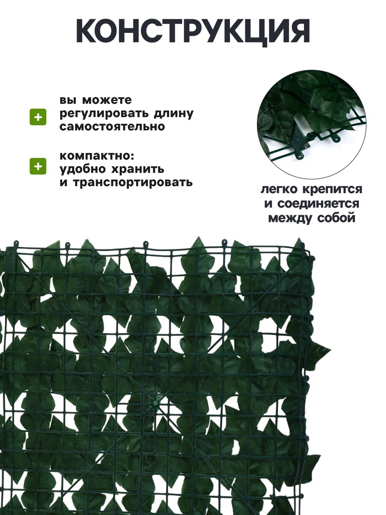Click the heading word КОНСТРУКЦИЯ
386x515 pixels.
192,31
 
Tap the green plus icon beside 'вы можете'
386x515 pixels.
37,117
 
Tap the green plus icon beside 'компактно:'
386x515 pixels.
37,166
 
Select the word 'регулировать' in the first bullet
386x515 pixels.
98,114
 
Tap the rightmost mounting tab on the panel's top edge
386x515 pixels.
224,242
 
